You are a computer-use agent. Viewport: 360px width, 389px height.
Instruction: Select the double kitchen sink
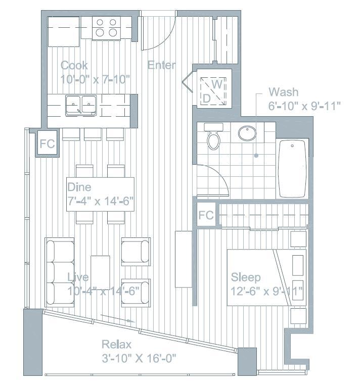pyautogui.click(x=81, y=105)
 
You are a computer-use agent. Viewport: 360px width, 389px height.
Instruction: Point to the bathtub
pyautogui.click(x=293, y=169)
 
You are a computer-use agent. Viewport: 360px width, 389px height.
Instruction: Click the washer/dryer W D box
pyautogui.click(x=211, y=90)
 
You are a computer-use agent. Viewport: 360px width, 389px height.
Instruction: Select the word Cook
pyautogui.click(x=74, y=65)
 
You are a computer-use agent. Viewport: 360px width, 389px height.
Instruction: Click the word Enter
pyautogui.click(x=162, y=65)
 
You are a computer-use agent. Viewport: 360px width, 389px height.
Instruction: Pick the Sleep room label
pyautogui.click(x=246, y=277)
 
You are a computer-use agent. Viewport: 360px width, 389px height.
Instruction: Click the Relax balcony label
pyautogui.click(x=117, y=345)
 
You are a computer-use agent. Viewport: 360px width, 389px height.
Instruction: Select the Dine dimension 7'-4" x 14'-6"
pyautogui.click(x=100, y=201)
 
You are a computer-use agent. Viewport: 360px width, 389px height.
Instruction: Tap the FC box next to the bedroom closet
pyautogui.click(x=206, y=215)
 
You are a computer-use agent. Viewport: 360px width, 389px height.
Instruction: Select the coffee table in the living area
pyautogui.click(x=100, y=273)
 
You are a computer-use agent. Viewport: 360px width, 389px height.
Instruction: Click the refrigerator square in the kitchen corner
pyautogui.click(x=64, y=31)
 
